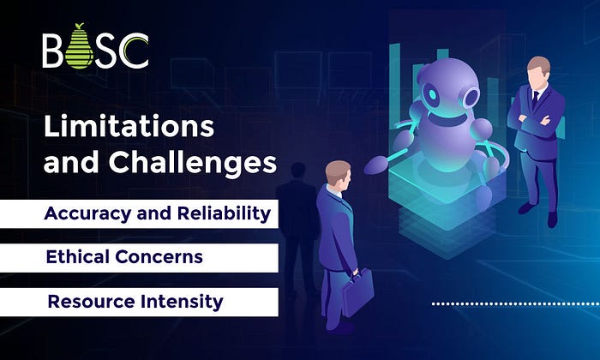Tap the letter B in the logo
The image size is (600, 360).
(x=52, y=51)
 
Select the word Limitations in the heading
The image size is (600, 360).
(x=129, y=126)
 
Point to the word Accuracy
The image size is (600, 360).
(x=87, y=214)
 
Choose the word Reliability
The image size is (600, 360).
(x=224, y=214)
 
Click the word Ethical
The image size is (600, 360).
(x=77, y=256)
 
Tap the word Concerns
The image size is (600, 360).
(x=159, y=257)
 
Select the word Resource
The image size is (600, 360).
(x=91, y=302)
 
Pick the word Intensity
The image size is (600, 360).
(x=182, y=303)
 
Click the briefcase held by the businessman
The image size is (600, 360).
(x=357, y=292)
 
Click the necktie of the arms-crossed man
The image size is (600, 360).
(x=536, y=99)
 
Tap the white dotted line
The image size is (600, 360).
(x=516, y=304)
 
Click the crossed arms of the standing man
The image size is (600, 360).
(x=535, y=122)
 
